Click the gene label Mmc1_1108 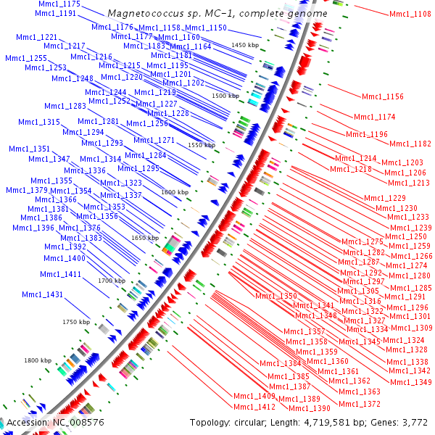tap(410, 14)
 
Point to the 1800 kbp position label tap(38, 360)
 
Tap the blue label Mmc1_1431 tap(42, 294)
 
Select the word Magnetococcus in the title tap(141, 14)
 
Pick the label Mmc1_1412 tap(254, 407)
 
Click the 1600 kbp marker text tap(175, 192)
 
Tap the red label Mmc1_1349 tap(410, 382)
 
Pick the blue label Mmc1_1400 tap(65, 258)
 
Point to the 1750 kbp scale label tap(76, 322)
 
